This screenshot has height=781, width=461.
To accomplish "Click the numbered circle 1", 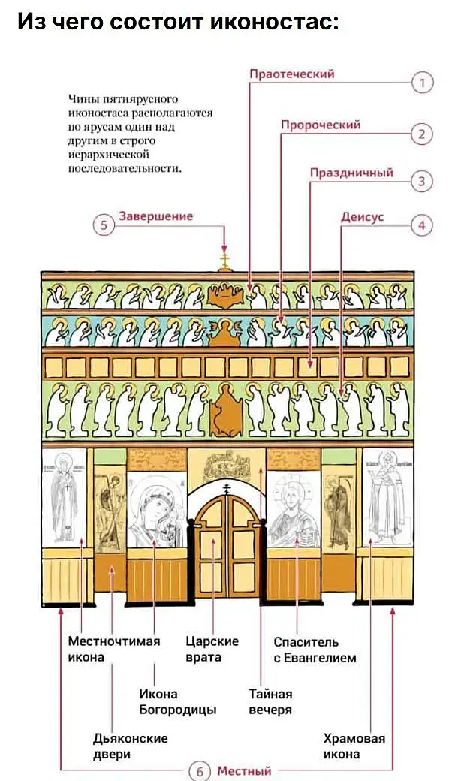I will tap(423, 83).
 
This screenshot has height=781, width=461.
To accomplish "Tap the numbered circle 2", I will tap(423, 134).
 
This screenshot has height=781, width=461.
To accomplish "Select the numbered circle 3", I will tap(423, 181).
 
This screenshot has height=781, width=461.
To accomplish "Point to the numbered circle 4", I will tap(423, 225).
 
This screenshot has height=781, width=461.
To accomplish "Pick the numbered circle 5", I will tap(104, 225).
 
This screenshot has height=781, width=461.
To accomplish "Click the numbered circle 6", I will tap(199, 771).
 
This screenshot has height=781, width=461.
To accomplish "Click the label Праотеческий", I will tap(291, 74).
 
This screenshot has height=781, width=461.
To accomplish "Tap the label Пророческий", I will tap(321, 125).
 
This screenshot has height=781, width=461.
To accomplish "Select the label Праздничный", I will tap(351, 173).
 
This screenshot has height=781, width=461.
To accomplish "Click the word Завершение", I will tap(156, 216).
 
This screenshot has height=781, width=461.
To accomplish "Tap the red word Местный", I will tap(244, 771).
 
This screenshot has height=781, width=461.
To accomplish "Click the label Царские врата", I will tap(212, 650).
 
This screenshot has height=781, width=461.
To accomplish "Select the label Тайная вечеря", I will tap(270, 701).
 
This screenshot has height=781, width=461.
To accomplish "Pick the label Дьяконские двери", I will tap(130, 746).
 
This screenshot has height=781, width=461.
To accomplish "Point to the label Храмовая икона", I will tap(354, 746).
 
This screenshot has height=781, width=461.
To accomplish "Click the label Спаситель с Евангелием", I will tap(314, 650).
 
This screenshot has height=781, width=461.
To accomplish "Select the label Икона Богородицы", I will tap(177, 701).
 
